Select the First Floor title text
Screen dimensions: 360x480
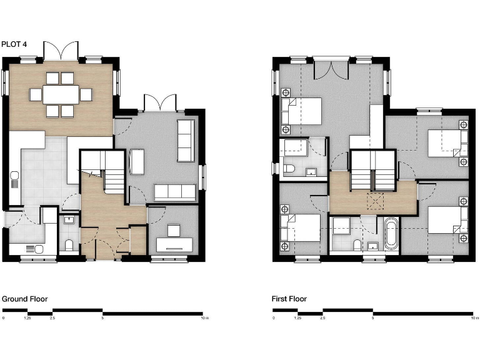pyautogui.click(x=289, y=299)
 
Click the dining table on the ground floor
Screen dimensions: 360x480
pyautogui.click(x=61, y=94)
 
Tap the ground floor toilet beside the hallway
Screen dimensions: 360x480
pyautogui.click(x=69, y=244)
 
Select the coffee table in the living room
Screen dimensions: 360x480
pyautogui.click(x=137, y=162)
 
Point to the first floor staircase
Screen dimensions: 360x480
pyautogui.click(x=372, y=171)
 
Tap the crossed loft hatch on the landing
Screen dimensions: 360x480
pyautogui.click(x=375, y=200)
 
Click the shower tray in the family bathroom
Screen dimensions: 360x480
pyautogui.click(x=341, y=226)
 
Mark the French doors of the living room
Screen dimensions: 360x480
pyautogui.click(x=155, y=103)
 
